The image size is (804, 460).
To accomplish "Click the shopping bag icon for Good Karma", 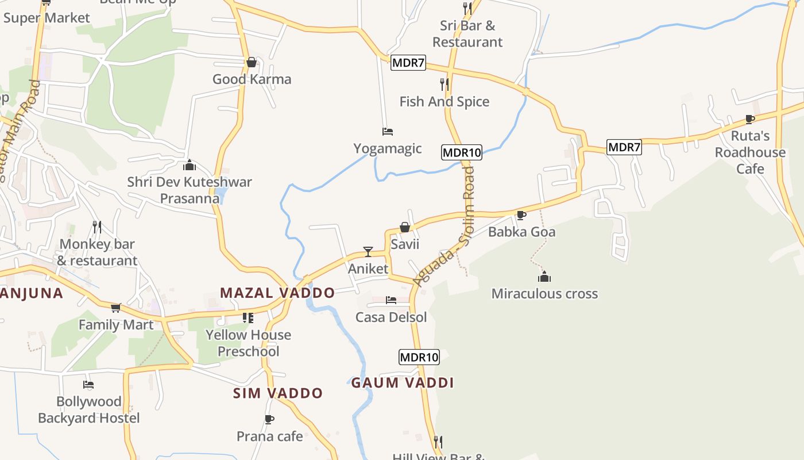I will tap(251, 62).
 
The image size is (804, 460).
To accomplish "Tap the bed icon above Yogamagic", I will tap(388, 132).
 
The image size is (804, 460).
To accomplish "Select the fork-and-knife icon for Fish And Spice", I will tap(444, 85).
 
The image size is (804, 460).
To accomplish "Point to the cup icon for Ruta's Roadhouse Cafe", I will tap(749, 119).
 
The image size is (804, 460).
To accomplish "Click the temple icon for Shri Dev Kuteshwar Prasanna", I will tap(190, 166).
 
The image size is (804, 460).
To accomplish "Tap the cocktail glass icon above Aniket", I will tap(368, 252).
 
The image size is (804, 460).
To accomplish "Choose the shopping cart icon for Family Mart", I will tap(116, 308).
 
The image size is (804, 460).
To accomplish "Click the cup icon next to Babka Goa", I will tap(521, 215).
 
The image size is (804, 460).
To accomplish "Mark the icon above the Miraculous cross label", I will tap(544, 277).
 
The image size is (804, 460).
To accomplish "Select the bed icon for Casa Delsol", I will tap(391, 300).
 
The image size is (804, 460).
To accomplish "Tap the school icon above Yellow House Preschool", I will tap(248, 318).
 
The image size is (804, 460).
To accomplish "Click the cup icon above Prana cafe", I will tap(269, 419).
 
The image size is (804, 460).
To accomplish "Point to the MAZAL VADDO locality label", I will tap(277, 293).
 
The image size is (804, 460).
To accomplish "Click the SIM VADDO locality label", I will tap(278, 393).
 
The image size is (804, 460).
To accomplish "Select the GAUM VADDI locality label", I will tap(403, 383).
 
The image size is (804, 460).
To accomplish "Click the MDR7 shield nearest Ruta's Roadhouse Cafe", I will tap(624, 147).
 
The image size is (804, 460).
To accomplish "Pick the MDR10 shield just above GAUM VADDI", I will tap(419, 357).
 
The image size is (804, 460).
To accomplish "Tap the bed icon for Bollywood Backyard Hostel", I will tap(88, 385).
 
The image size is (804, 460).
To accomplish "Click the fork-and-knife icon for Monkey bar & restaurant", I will tap(97, 227).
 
